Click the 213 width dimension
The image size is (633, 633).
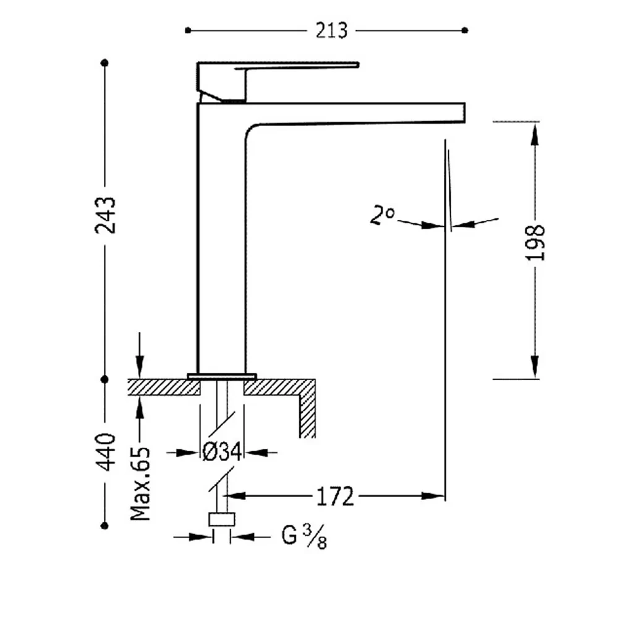tap(331, 31)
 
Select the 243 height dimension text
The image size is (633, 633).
tap(105, 215)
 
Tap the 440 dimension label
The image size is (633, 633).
tap(105, 452)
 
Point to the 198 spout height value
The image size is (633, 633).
tap(535, 242)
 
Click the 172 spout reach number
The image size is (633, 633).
tap(334, 496)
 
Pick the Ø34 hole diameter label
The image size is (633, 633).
tap(222, 452)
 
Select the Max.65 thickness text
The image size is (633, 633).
tap(140, 483)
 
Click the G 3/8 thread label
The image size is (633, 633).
tap(304, 538)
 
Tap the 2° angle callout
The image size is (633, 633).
tap(382, 215)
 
